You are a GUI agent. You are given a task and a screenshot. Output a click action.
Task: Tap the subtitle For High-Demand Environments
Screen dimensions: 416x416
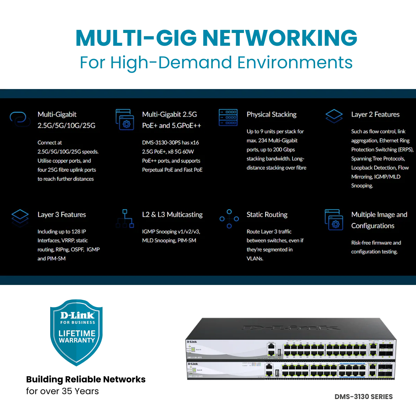216,63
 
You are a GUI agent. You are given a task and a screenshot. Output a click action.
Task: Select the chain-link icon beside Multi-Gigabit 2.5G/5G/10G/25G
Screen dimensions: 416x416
20,118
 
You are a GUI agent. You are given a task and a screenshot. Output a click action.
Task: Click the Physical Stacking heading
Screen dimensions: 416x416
271,114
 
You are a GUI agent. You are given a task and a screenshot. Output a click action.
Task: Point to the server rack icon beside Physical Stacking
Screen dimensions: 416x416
228,117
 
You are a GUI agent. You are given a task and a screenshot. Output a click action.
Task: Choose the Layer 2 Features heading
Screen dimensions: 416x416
375,114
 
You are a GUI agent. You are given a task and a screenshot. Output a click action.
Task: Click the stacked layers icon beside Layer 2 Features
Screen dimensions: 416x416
334,116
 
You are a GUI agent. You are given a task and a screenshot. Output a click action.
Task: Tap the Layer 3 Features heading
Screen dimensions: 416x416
62,215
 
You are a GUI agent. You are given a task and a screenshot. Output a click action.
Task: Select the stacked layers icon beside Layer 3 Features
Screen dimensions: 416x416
20,217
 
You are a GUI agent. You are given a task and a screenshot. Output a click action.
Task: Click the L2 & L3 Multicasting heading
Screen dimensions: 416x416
172,215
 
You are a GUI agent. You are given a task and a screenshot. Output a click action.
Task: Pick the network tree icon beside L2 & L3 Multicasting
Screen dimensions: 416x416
125,218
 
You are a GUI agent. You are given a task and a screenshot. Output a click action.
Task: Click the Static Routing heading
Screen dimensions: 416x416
267,215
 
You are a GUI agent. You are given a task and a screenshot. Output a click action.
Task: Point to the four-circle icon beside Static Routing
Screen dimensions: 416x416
229,219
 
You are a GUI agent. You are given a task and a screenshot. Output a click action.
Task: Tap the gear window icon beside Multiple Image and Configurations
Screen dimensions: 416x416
334,220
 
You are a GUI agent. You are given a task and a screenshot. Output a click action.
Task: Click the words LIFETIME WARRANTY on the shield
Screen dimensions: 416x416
77,337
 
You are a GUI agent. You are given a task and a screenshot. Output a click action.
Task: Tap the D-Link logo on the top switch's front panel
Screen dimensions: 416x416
192,342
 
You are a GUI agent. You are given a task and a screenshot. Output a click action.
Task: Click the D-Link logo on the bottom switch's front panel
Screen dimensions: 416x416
192,364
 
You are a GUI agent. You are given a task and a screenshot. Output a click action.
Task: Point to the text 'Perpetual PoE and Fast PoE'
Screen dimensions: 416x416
172,170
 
